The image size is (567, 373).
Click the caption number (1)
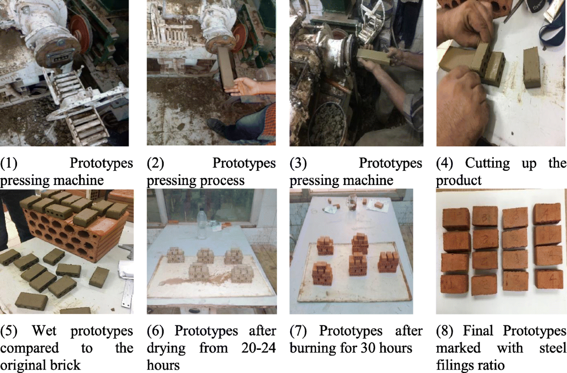coord(9,163)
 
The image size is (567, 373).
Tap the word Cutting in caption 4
coord(487,163)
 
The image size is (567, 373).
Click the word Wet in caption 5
coord(44,331)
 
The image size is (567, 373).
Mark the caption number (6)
coord(155,331)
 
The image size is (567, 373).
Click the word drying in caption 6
coord(166,349)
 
